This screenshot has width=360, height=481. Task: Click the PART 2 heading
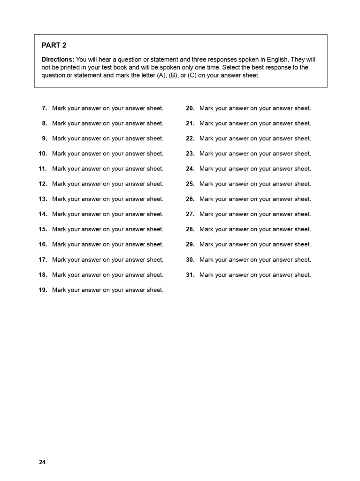tap(54, 45)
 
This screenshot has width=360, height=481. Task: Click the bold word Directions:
tap(58, 60)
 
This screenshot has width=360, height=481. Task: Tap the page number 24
tap(42, 462)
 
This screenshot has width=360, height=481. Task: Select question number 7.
tap(44, 108)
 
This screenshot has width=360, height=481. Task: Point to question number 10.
tap(43, 154)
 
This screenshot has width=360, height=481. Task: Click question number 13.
tap(43, 199)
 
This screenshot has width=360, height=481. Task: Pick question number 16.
tap(43, 244)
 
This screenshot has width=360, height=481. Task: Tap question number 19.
tap(43, 290)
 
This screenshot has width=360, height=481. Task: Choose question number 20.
tap(190, 108)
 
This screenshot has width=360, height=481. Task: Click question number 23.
tap(190, 154)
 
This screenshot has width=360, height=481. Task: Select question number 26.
tap(190, 199)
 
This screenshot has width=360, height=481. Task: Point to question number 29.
tap(190, 244)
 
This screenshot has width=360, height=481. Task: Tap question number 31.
tap(190, 275)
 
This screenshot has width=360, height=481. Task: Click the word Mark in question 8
tap(59, 123)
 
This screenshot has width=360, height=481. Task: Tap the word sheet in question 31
tap(303, 275)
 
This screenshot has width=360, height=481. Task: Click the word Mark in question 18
tap(59, 275)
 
